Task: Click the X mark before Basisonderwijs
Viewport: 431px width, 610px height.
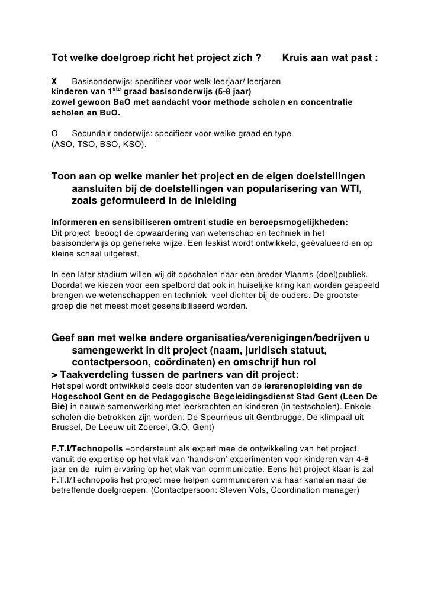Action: [54, 81]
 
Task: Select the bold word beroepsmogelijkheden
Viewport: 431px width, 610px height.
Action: [300, 223]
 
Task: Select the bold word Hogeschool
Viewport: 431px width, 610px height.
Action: [75, 396]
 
